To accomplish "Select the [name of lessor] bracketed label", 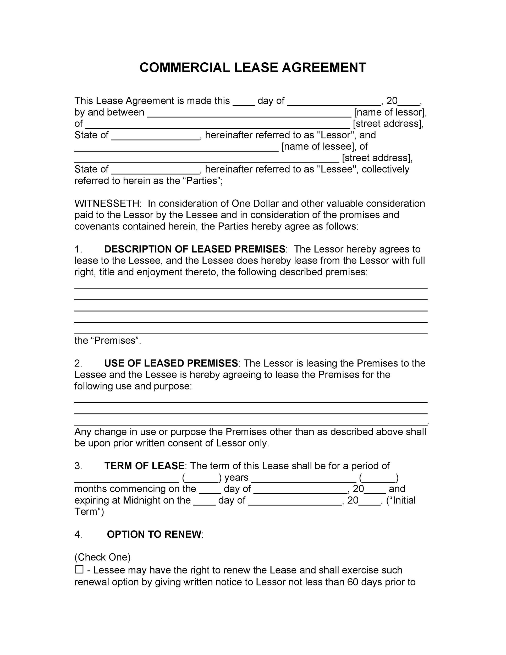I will (390, 112).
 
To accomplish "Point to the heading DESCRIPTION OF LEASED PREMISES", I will (195, 249).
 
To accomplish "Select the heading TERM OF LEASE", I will (144, 466).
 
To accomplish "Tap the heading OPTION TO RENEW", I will (154, 534).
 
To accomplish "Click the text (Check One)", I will (102, 557).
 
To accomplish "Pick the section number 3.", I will (78, 466).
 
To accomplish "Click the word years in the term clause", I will (236, 477).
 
